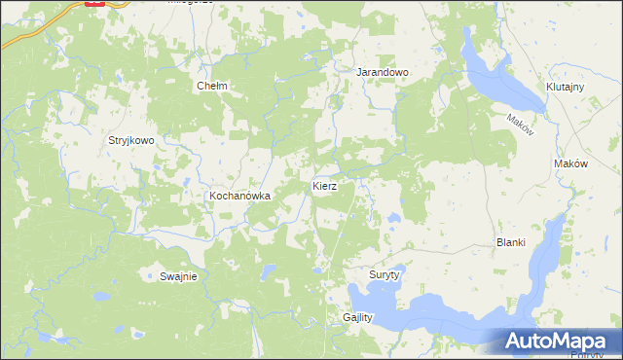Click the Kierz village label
325,185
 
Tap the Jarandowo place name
382,72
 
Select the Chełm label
211,86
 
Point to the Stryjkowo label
131,140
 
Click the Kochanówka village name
238,196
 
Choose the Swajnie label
178,276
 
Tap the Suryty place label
385,275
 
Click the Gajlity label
358,318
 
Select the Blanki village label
511,243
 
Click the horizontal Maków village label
570,164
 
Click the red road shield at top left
94,3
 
